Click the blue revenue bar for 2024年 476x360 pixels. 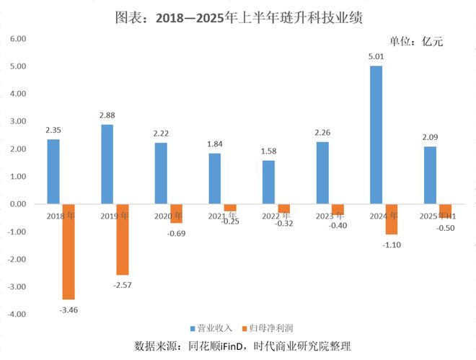click(x=376, y=135)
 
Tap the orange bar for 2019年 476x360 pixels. click(x=123, y=239)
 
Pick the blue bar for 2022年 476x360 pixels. click(x=268, y=182)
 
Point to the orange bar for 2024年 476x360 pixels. click(x=392, y=219)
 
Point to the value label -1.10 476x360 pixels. click(x=392, y=244)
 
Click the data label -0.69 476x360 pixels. click(x=177, y=233)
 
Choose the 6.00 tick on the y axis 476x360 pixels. click(x=17, y=39)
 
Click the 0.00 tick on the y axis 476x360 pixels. click(x=17, y=204)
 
